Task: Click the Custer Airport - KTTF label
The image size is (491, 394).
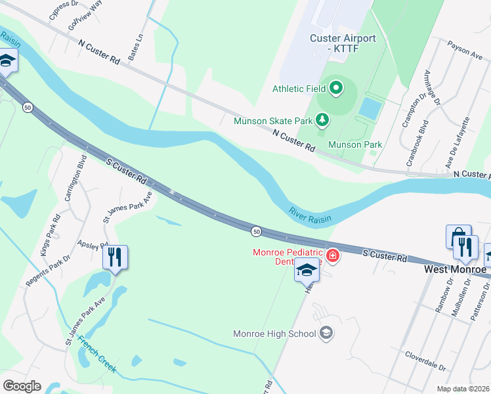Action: coord(343,43)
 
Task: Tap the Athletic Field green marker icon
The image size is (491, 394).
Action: coord(337,87)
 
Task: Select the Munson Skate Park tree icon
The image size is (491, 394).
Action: coord(322,120)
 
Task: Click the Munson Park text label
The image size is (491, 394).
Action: coord(355,144)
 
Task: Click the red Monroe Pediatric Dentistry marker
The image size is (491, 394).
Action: coord(333,255)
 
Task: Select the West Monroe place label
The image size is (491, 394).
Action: coord(454,269)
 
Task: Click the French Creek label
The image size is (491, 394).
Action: coord(97,355)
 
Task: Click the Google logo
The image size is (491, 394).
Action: coord(22,386)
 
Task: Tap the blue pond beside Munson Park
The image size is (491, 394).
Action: coord(370,107)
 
